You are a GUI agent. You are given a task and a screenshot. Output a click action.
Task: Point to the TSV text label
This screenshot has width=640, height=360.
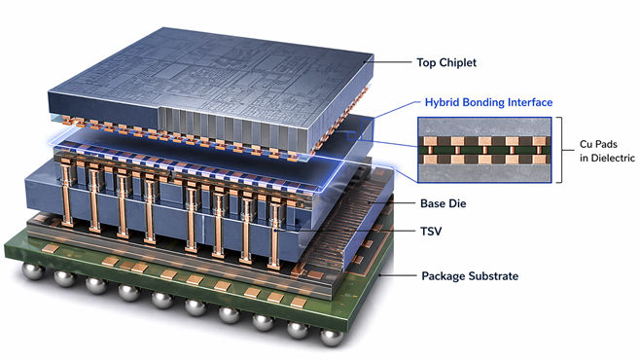[431, 232]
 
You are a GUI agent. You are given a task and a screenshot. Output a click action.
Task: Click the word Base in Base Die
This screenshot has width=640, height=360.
[432, 203]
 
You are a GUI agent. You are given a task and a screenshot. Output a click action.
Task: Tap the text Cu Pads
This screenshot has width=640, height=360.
[598, 144]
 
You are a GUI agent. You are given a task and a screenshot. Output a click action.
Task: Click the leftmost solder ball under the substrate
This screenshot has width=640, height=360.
[33, 270]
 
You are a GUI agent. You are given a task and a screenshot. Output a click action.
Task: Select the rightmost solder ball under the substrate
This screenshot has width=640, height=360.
[331, 338]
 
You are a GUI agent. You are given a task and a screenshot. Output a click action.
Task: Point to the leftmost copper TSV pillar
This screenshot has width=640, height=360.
[66, 192]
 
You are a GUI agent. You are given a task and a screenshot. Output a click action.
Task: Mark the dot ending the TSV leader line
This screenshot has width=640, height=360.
[275, 231]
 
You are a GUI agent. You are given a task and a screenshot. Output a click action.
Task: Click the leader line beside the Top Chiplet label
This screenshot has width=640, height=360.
[388, 62]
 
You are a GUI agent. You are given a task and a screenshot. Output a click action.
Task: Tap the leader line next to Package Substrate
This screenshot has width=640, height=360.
[398, 275]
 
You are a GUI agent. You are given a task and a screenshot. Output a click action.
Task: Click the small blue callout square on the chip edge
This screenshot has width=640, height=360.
[351, 136]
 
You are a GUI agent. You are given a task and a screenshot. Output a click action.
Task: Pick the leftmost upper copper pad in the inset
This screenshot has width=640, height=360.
[430, 141]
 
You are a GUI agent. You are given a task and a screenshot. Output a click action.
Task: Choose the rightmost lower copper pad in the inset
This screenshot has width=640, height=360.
[539, 159]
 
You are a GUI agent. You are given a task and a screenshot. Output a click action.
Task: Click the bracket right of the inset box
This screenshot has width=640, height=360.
[562, 150]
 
